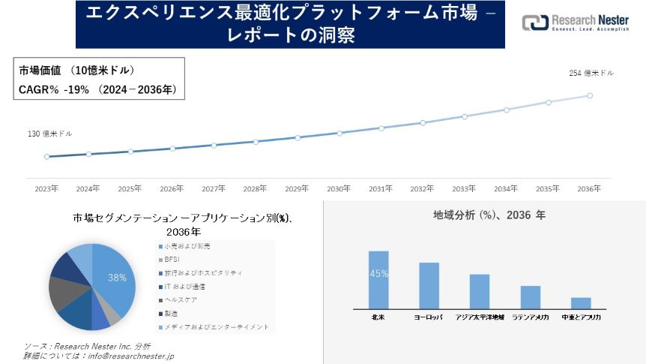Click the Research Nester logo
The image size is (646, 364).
pyautogui.click(x=575, y=23)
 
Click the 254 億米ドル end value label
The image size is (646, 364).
pyautogui.click(x=591, y=73)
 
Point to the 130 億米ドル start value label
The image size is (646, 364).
pyautogui.click(x=50, y=134)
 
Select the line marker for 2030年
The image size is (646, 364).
pyautogui.click(x=339, y=133)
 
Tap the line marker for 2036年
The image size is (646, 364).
pyautogui.click(x=590, y=95)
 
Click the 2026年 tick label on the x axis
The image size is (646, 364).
pyautogui.click(x=172, y=189)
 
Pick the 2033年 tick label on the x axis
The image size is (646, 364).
pyautogui.click(x=464, y=189)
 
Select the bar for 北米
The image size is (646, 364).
pyautogui.click(x=378, y=280)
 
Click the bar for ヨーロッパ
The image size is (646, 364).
pyautogui.click(x=429, y=286)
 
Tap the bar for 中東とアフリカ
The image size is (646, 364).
pyautogui.click(x=581, y=303)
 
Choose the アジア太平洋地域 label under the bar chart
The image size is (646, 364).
pyautogui.click(x=480, y=317)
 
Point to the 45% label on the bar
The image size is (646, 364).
pyautogui.click(x=378, y=274)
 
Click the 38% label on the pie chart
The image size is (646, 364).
pyautogui.click(x=117, y=277)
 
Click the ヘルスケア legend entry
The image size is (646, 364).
pyautogui.click(x=181, y=299)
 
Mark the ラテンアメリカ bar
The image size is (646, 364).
pyautogui.click(x=531, y=297)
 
